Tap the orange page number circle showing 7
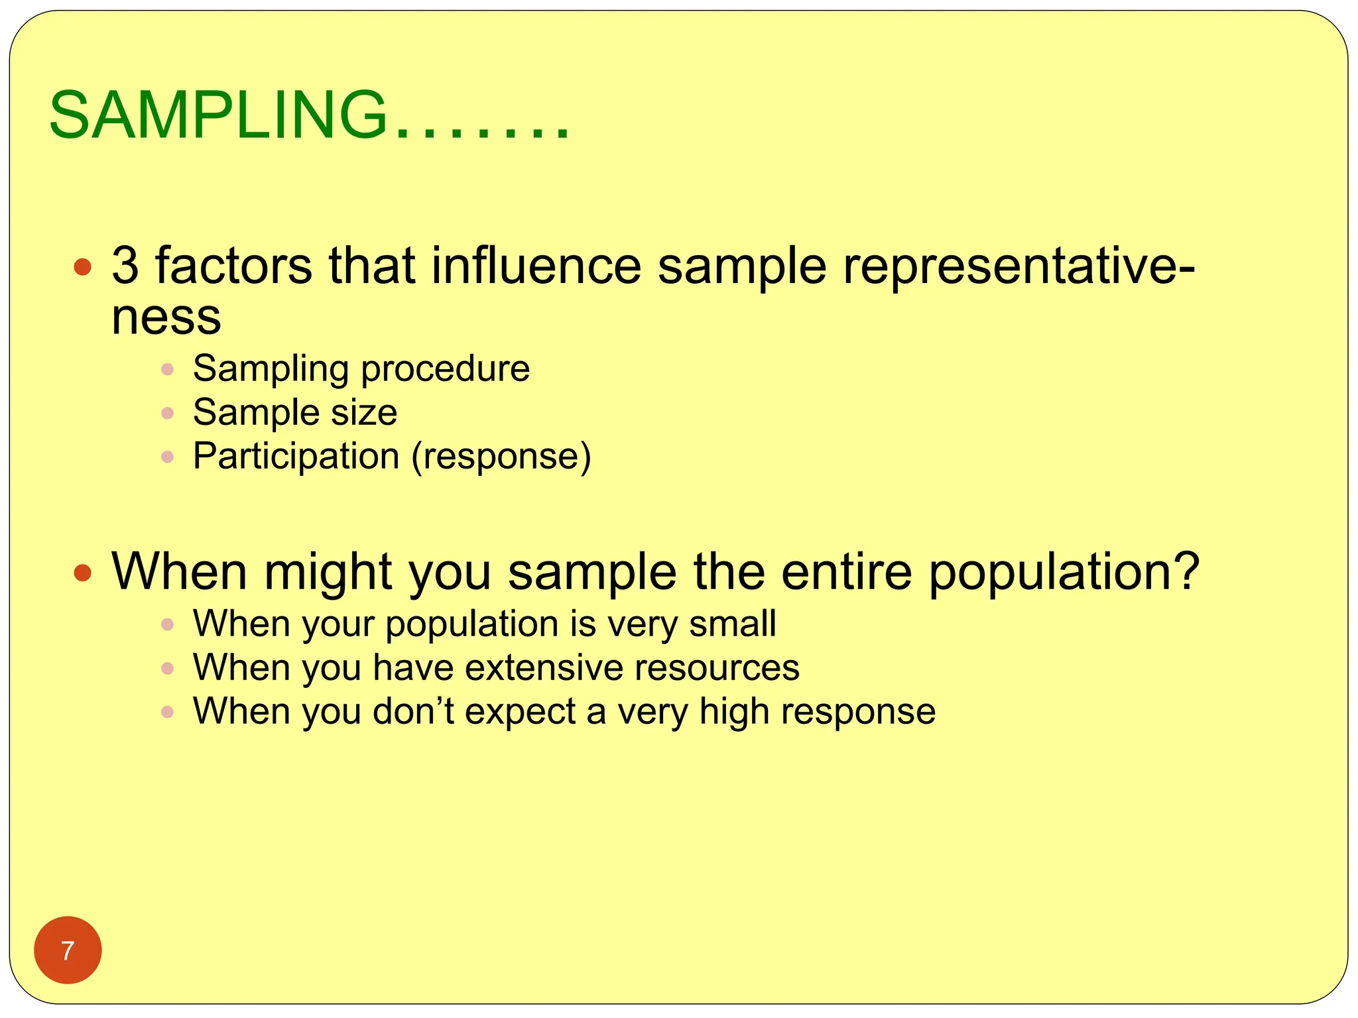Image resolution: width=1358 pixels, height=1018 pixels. [68, 950]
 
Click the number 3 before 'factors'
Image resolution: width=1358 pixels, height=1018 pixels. [125, 266]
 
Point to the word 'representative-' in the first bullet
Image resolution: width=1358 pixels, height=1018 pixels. [1018, 266]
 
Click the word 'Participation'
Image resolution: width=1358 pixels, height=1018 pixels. [296, 456]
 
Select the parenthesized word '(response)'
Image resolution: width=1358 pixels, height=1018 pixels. [501, 457]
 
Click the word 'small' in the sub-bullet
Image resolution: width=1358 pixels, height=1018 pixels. [732, 624]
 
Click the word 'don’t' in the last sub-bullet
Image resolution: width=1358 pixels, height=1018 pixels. [412, 711]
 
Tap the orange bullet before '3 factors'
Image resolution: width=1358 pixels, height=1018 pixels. [82, 268]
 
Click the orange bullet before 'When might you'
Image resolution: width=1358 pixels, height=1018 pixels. [82, 573]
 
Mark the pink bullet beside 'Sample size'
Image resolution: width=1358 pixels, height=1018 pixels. [167, 414]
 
